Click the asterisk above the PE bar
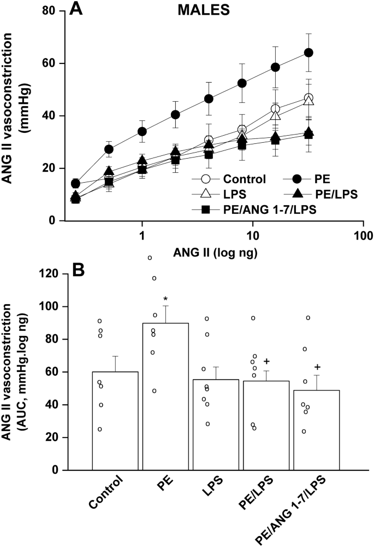pos(165,299)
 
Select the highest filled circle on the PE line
pos(308,53)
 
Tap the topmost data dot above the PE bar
pos(150,258)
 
